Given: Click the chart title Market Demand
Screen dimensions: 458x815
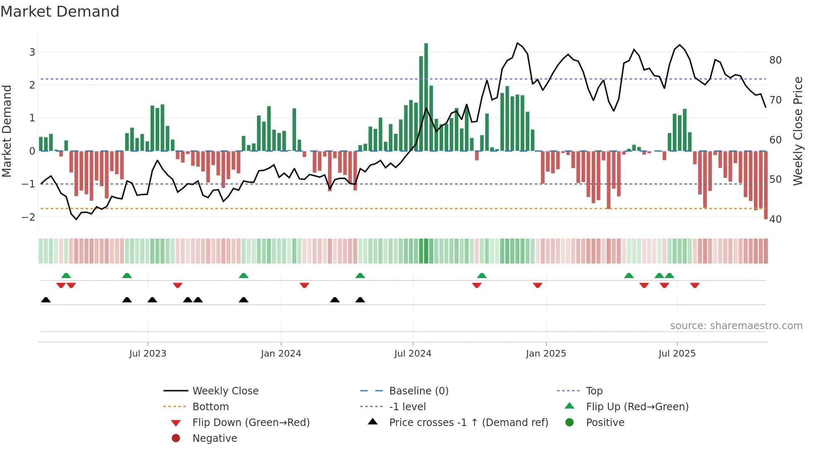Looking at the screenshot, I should (60, 12).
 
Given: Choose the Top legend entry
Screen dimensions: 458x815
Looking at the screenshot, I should (594, 391).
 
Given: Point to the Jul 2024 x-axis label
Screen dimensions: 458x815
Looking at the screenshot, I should (412, 353).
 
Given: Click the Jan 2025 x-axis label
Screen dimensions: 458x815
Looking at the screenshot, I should (546, 353).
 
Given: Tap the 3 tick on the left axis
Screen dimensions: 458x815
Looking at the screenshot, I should (32, 52).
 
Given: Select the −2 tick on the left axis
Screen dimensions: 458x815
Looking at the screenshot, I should (29, 217).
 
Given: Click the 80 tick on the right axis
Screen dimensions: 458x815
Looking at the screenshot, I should (775, 60).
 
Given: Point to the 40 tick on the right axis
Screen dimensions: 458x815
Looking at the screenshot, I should (775, 219).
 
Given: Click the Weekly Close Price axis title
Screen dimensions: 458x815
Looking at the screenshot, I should (798, 131).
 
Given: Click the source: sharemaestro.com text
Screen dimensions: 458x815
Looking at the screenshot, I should (736, 325).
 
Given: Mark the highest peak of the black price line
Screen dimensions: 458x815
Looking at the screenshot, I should (517, 43).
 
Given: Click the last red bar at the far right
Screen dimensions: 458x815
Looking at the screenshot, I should (766, 185).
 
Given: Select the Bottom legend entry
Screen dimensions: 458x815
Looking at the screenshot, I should (210, 406).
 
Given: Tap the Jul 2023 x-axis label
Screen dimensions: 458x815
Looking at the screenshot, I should (148, 353).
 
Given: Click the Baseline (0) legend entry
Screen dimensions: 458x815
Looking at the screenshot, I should (418, 391).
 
